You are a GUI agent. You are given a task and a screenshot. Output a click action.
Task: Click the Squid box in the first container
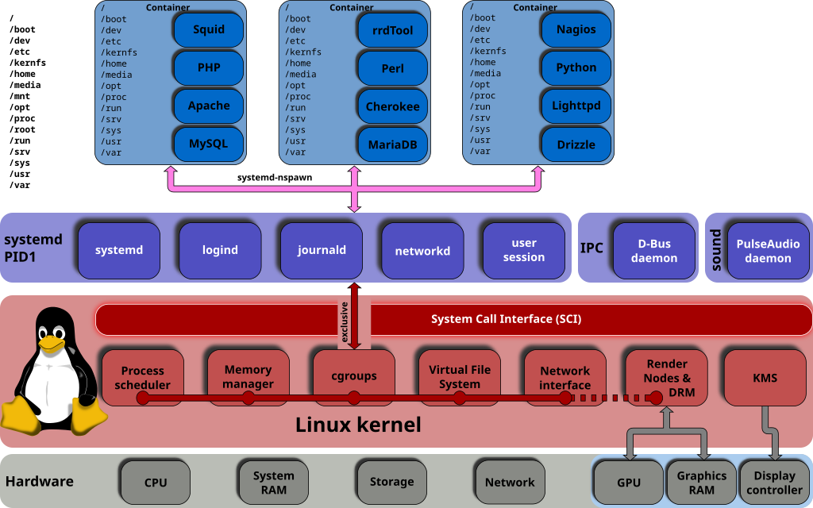pyautogui.click(x=209, y=29)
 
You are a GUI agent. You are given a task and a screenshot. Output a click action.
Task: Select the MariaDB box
pyautogui.click(x=392, y=144)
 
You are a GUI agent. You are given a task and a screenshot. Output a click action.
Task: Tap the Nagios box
pyautogui.click(x=576, y=29)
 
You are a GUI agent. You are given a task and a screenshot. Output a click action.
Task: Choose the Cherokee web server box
pyautogui.click(x=392, y=106)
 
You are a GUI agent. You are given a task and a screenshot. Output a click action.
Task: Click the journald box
pyautogui.click(x=322, y=250)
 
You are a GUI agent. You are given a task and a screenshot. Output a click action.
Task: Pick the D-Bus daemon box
pyautogui.click(x=654, y=250)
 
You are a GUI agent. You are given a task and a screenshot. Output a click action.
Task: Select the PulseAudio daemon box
pyautogui.click(x=768, y=250)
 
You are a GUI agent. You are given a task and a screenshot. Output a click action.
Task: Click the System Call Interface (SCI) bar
pyautogui.click(x=453, y=319)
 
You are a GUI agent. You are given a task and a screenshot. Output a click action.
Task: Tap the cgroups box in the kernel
pyautogui.click(x=354, y=377)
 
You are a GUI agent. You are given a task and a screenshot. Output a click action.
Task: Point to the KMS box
pyautogui.click(x=765, y=377)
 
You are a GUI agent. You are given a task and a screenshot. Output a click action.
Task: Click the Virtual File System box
pyautogui.click(x=460, y=377)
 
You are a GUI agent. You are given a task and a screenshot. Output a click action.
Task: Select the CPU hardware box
pyautogui.click(x=156, y=482)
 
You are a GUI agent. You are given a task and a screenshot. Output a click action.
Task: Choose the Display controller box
pyautogui.click(x=774, y=482)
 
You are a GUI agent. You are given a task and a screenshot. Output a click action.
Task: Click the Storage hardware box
pyautogui.click(x=392, y=482)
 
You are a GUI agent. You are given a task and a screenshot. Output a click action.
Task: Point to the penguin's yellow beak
pyautogui.click(x=52, y=343)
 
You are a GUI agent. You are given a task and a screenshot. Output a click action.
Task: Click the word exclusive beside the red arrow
pyautogui.click(x=344, y=322)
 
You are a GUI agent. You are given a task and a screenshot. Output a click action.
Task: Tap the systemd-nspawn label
pyautogui.click(x=275, y=177)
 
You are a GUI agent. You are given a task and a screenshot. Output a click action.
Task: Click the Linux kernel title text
pyautogui.click(x=358, y=425)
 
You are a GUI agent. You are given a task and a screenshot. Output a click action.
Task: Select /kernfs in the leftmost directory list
pyautogui.click(x=28, y=63)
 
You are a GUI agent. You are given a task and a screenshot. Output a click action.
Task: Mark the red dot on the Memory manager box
pyautogui.click(x=249, y=398)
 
